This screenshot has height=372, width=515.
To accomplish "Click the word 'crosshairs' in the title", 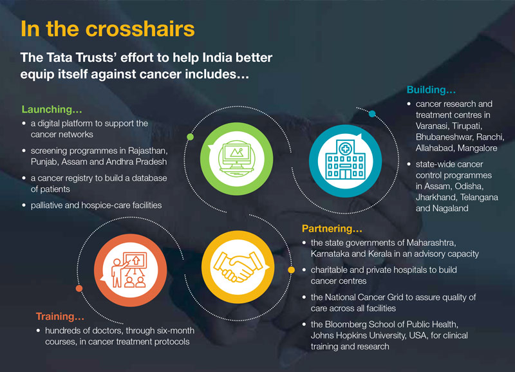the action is [140, 28].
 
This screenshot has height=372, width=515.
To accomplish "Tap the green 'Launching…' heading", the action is [52, 109].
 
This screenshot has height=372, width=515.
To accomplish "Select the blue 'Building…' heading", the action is [431, 89].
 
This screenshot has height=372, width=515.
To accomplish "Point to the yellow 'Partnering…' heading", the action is [332, 228].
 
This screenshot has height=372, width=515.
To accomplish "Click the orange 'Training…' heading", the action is [60, 316].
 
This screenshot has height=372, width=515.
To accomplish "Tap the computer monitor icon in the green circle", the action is [236, 158].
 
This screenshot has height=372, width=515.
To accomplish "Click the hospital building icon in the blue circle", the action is [345, 160].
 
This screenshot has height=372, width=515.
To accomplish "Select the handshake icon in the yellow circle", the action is [238, 266].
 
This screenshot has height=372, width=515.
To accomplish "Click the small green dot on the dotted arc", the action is [190, 137].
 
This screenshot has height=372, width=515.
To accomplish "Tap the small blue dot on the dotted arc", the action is [372, 114].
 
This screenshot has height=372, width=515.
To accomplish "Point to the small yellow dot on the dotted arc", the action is [292, 270].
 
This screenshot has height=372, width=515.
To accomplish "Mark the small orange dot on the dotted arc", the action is [79, 288].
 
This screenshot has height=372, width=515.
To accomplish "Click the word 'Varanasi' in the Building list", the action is [431, 126].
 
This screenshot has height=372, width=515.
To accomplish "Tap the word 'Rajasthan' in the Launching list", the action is [147, 151].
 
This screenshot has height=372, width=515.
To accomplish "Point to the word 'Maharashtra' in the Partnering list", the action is [431, 243].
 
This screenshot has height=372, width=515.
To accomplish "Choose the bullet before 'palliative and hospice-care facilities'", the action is [24, 205].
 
